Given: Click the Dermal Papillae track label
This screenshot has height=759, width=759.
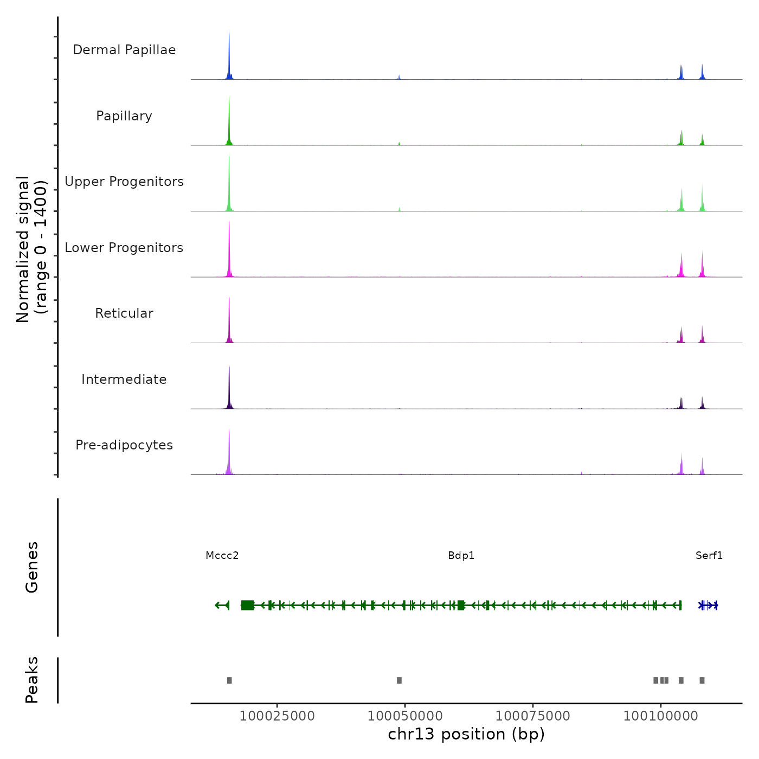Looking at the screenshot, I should point(124,50).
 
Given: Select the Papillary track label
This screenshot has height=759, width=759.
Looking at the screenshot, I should point(124,116).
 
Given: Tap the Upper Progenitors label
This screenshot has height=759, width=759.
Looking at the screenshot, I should point(124,182).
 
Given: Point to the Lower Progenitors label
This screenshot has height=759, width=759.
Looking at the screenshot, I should point(124,248).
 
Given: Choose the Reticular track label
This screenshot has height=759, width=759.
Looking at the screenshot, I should point(124,313).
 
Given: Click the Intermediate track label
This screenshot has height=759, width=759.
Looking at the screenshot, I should point(124,379).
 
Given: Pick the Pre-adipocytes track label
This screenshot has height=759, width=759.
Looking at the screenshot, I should point(124,445).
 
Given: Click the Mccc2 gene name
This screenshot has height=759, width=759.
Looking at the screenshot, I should point(222,556).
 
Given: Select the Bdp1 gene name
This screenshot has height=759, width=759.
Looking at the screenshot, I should point(461,556).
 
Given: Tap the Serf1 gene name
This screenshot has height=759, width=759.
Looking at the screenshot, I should point(709,556).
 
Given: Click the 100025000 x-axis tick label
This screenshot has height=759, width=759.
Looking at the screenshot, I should point(277,716).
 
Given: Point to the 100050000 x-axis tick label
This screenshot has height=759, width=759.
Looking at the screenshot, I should point(405,716).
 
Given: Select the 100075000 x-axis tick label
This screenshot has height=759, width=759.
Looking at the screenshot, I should point(533,716).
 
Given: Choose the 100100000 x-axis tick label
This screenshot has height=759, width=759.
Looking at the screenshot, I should point(661,716).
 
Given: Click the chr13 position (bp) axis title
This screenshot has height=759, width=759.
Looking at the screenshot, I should point(466,734).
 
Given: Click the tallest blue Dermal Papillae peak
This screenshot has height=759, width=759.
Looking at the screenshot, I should point(229,54).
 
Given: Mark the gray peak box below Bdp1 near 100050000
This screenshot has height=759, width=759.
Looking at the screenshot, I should point(400,680).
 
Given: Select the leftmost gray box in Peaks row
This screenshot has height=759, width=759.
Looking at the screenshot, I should point(229,680).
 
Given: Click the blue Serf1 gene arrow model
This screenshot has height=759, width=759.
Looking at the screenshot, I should point(709,605).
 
